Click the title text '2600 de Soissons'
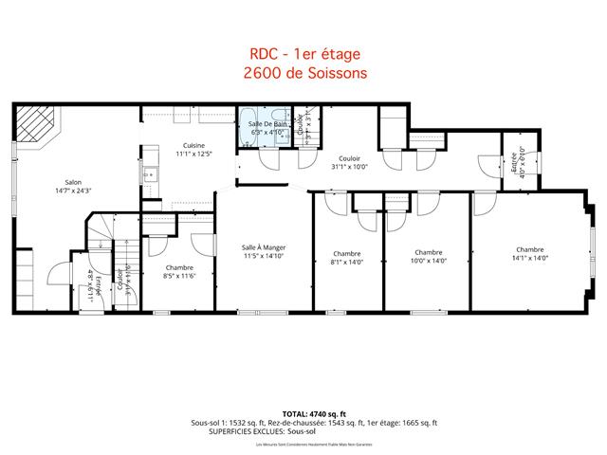tap(303, 72)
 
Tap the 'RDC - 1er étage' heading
tap(303, 55)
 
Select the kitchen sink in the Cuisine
tap(150, 173)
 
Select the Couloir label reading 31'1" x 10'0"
tap(349, 160)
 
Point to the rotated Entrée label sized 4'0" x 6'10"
tap(518, 165)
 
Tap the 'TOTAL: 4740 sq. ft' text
tap(303, 414)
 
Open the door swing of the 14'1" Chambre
tap(485, 203)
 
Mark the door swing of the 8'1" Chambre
tap(335, 203)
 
